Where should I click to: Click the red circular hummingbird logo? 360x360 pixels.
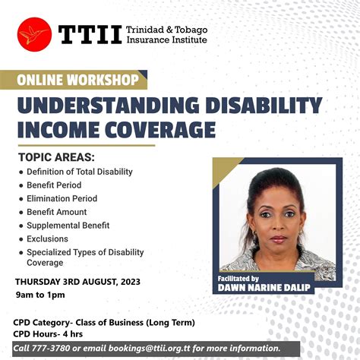(34, 34)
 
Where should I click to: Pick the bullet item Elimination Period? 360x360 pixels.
(62, 198)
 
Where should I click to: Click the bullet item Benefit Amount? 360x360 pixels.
(57, 212)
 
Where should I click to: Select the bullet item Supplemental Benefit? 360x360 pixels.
(68, 226)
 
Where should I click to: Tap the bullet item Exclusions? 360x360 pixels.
(47, 239)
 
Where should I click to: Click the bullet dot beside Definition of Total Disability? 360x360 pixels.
(21, 172)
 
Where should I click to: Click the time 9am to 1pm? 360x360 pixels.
(39, 295)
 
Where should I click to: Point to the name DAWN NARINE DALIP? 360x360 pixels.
(265, 288)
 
